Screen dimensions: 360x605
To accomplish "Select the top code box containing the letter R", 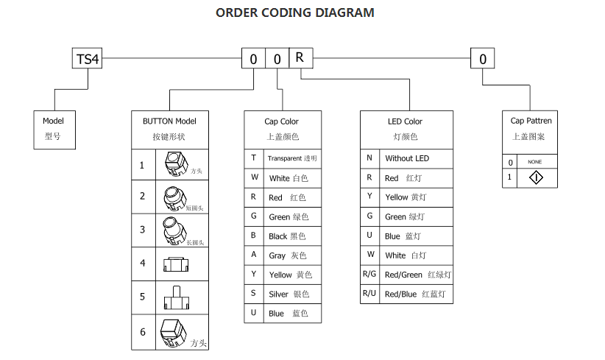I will pyautogui.click(x=300, y=57).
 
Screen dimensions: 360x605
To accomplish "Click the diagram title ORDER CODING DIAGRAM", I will pyautogui.click(x=294, y=13).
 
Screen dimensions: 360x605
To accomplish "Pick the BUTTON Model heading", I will pyautogui.click(x=169, y=121).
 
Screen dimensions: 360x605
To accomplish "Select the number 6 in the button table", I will pyautogui.click(x=143, y=332).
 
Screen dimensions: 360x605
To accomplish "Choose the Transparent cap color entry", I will pyautogui.click(x=291, y=158).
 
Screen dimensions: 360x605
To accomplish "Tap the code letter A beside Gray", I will pyautogui.click(x=254, y=255).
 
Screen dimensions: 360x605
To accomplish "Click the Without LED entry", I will pyautogui.click(x=406, y=158).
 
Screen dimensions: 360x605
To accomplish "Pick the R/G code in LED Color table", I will pyautogui.click(x=369, y=275).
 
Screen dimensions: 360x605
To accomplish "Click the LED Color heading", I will pyautogui.click(x=405, y=121).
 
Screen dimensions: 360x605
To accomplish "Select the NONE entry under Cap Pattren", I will pyautogui.click(x=535, y=162).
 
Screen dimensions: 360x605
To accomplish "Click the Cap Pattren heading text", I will pyautogui.click(x=531, y=121).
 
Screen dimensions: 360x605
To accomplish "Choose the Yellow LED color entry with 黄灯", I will pyautogui.click(x=406, y=197).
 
